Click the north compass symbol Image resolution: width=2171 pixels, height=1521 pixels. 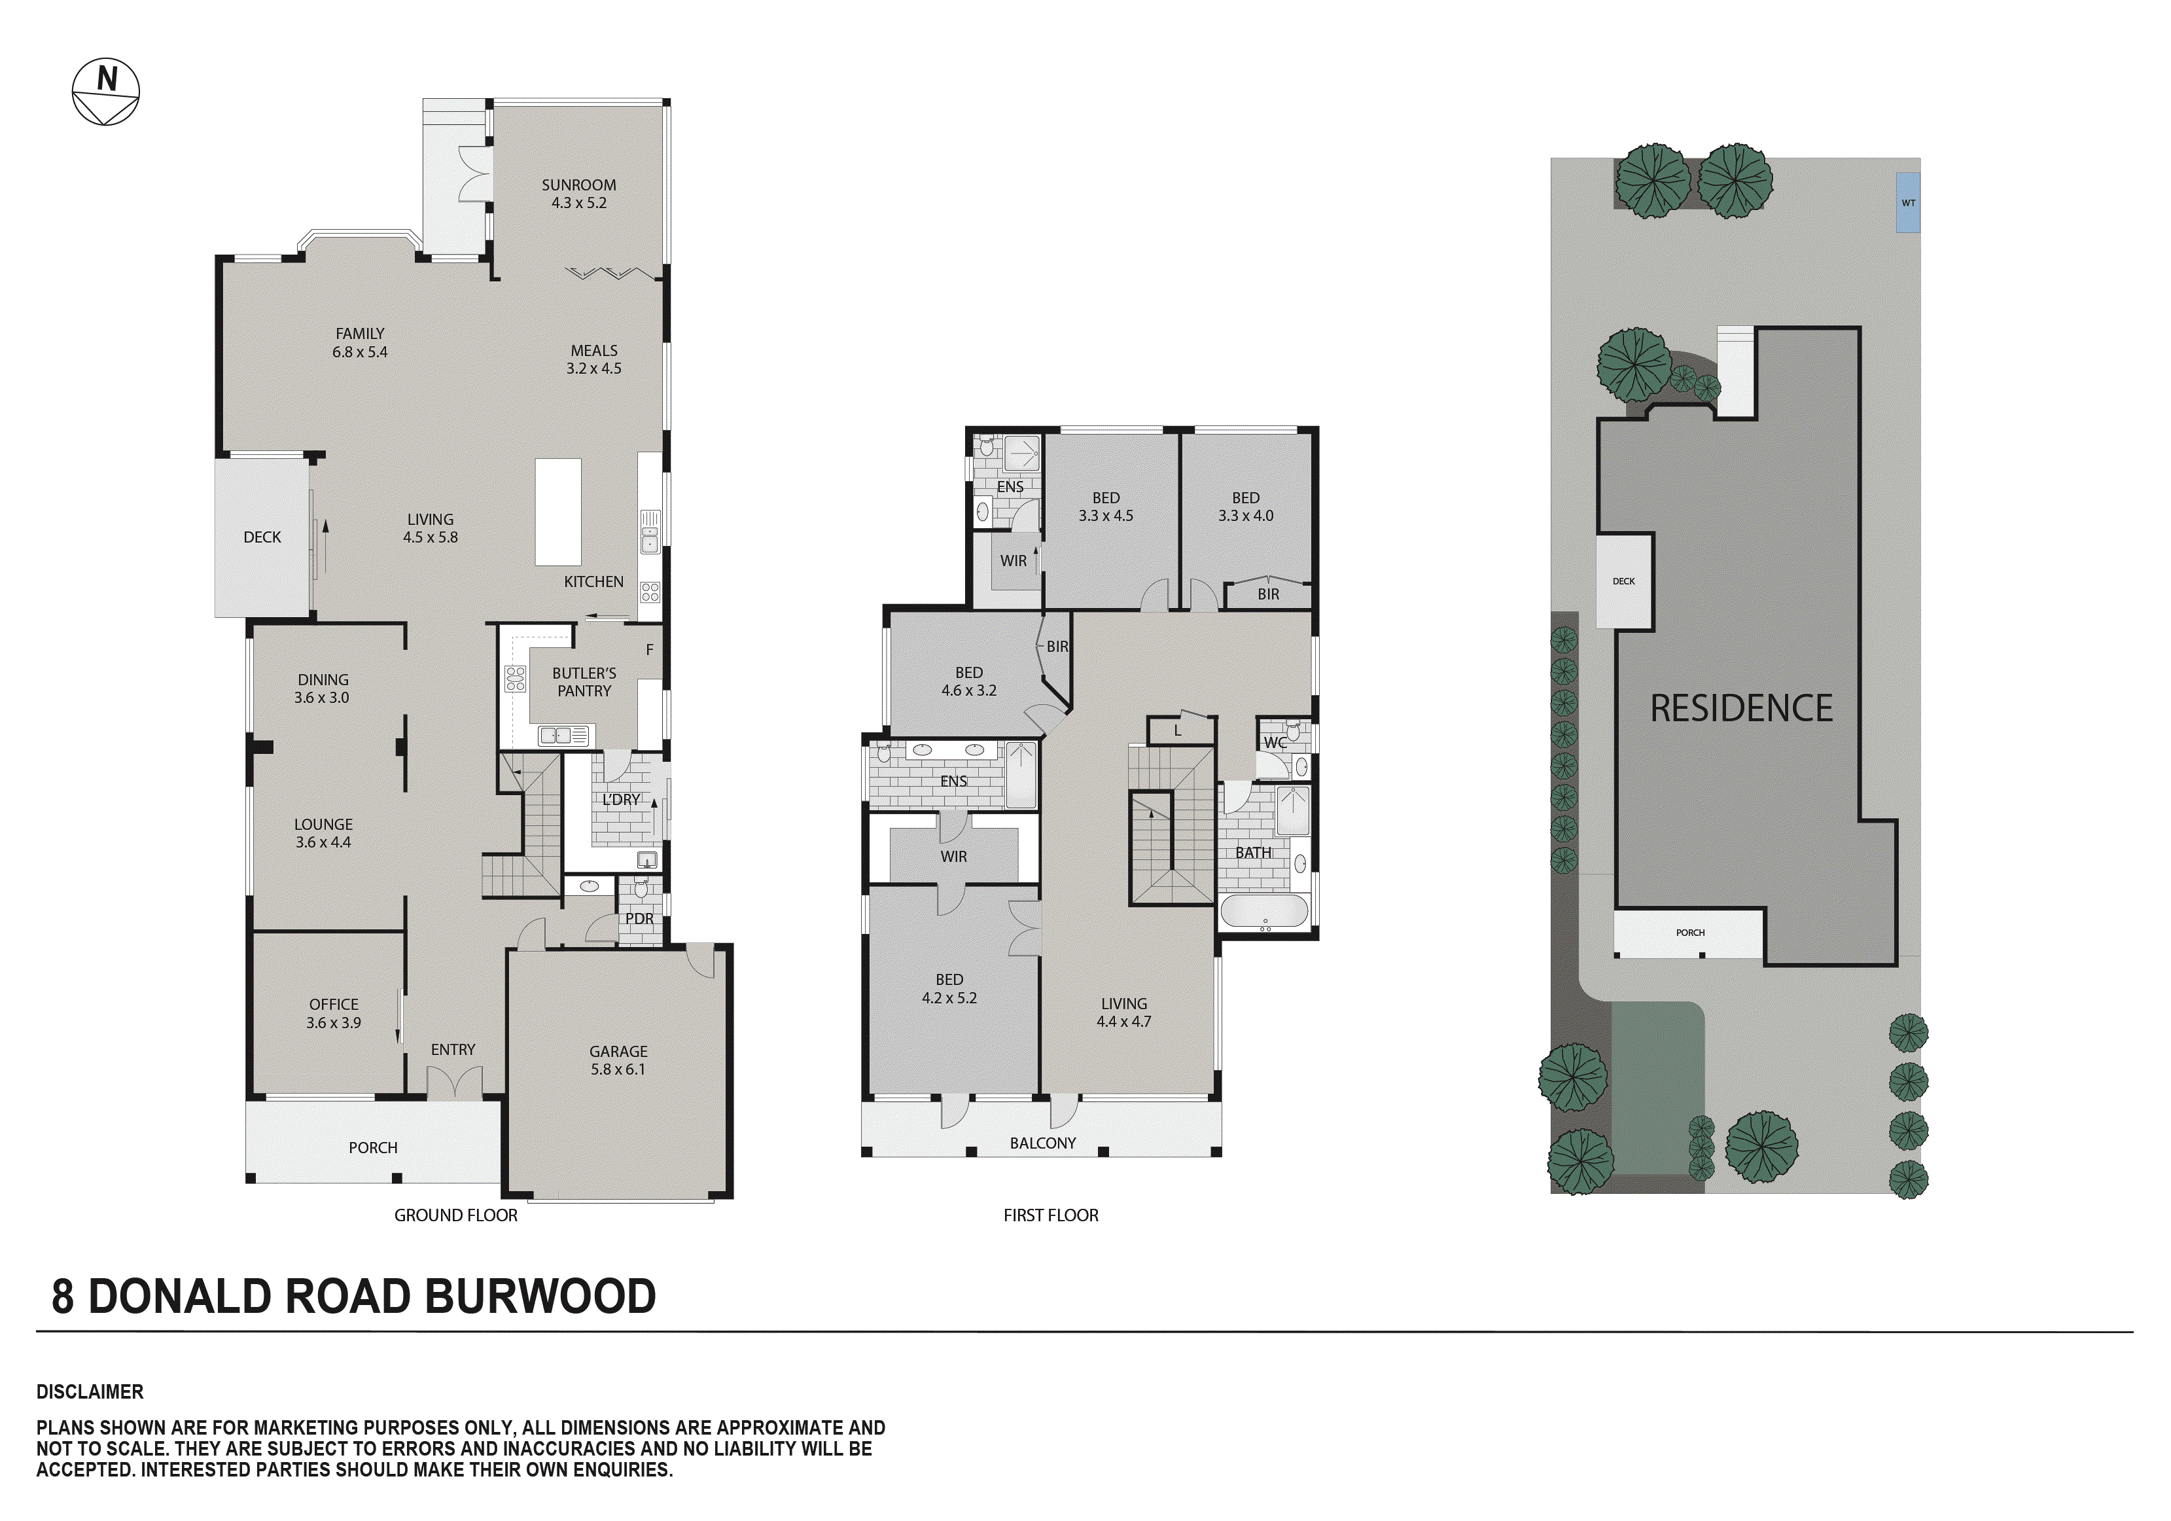(x=106, y=92)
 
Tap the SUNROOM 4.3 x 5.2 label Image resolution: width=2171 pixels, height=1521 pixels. (x=578, y=194)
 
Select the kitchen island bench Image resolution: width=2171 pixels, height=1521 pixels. (x=558, y=512)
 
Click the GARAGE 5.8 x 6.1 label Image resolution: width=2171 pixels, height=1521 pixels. (x=618, y=1060)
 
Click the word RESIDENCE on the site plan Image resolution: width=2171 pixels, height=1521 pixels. (x=1740, y=709)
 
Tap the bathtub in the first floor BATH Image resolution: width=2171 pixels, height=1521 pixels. (x=1264, y=912)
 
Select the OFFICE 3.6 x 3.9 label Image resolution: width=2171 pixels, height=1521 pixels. (x=334, y=1013)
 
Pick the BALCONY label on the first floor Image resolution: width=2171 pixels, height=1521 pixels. (x=1042, y=1143)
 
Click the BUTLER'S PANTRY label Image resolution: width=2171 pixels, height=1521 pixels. (x=584, y=682)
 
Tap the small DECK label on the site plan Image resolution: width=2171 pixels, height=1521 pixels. (x=1623, y=581)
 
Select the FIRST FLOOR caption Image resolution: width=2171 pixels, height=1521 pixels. (x=1051, y=1215)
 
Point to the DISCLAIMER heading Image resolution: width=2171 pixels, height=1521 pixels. (x=90, y=1391)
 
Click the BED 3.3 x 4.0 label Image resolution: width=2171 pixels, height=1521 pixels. (x=1245, y=506)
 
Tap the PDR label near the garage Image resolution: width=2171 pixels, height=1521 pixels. (x=639, y=918)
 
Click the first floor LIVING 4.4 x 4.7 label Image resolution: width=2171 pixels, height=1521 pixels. (x=1123, y=1012)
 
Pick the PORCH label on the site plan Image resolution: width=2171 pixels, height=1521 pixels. (x=1689, y=933)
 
